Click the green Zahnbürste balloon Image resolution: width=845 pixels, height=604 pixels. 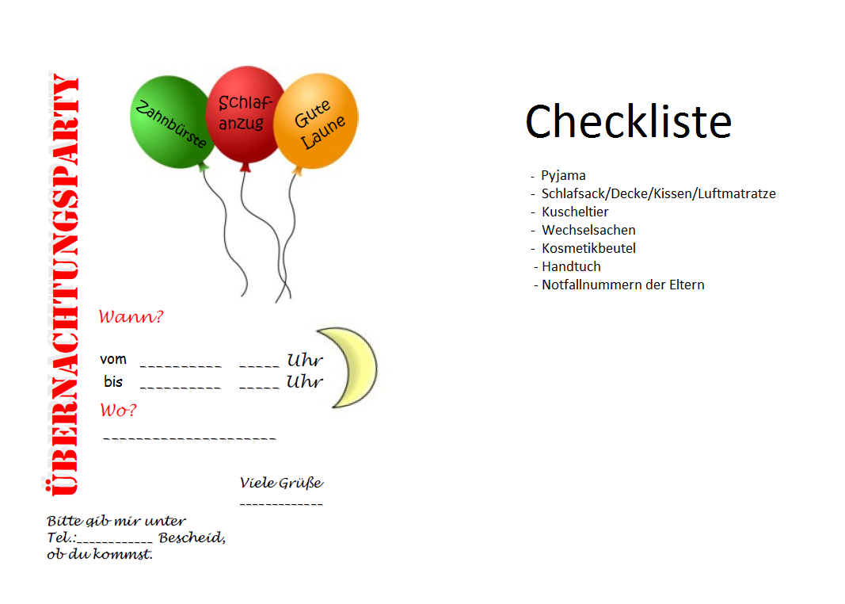coord(169,121)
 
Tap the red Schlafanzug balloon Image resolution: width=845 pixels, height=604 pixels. coord(245,113)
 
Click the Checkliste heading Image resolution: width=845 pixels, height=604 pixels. coord(628,121)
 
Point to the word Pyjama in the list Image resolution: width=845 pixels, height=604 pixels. coord(563,176)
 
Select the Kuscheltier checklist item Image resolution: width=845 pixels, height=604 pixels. coord(575,212)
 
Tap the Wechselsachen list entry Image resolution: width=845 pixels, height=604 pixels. coord(588,231)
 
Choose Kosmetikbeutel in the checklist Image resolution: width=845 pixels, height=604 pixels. coord(588,249)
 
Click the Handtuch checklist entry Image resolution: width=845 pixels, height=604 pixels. coord(571,267)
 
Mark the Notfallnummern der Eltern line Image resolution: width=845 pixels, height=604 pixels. coord(622,285)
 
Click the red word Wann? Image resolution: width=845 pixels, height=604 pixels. coord(131,318)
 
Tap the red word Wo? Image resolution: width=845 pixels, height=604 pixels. coord(118,411)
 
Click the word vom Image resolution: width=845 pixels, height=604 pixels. coord(113,360)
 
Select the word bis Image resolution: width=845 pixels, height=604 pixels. coord(113,382)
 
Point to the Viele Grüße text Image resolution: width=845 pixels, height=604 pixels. coord(281,483)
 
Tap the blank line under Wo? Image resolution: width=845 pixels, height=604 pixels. coord(189,438)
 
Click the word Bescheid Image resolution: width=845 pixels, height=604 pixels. coord(192,538)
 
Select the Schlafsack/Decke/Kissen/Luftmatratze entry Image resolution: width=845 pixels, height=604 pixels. coord(658,194)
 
